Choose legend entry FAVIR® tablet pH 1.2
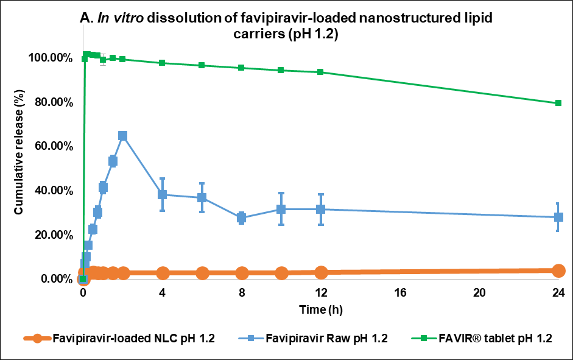click(x=490, y=339)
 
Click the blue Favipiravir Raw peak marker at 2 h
click(x=122, y=136)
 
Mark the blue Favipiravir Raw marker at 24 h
click(x=558, y=217)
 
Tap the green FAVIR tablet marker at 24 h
click(x=558, y=103)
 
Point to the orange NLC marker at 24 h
click(x=558, y=271)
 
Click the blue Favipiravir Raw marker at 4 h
click(x=163, y=194)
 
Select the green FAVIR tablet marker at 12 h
click(x=321, y=72)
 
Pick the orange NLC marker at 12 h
click(x=321, y=272)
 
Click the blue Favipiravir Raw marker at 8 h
click(x=242, y=217)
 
